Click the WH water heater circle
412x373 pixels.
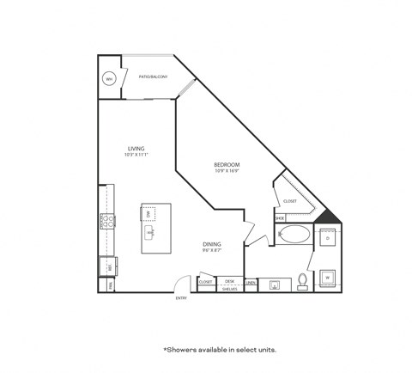click(109, 79)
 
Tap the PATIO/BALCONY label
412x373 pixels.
click(153, 78)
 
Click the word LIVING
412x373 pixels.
click(135, 148)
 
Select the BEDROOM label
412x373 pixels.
click(227, 164)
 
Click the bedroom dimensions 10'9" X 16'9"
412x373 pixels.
click(227, 171)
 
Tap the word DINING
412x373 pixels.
click(212, 243)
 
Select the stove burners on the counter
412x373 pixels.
click(109, 223)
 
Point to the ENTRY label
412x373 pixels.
click(181, 298)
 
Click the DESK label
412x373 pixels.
click(229, 281)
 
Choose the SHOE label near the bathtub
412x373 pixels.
click(279, 218)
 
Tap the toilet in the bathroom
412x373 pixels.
click(301, 281)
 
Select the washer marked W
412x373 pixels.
click(328, 278)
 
